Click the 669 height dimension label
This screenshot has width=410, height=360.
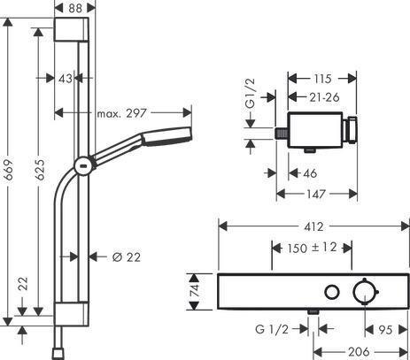[x=9, y=170]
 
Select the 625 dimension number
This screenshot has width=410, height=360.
[x=39, y=170]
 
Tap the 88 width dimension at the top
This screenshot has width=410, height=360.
[x=75, y=8]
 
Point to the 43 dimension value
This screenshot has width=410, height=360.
[x=66, y=79]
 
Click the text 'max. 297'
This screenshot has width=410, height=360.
[x=121, y=113]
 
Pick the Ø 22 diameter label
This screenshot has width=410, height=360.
[x=127, y=257]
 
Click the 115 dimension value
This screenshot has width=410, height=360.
[x=322, y=79]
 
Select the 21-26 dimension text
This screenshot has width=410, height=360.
[x=324, y=97]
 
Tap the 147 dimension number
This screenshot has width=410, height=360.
[x=316, y=194]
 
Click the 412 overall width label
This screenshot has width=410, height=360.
[x=313, y=226]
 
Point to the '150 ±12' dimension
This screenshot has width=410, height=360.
[x=313, y=248]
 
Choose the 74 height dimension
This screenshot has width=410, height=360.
[x=194, y=291]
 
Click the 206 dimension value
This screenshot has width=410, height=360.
[x=359, y=352]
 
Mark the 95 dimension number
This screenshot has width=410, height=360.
[x=385, y=330]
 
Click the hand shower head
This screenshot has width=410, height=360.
[x=167, y=136]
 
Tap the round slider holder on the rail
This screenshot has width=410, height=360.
[x=84, y=165]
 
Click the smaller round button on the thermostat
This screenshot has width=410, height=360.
[x=332, y=292]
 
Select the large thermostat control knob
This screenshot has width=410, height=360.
[x=365, y=292]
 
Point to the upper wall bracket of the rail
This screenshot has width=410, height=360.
[x=72, y=29]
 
